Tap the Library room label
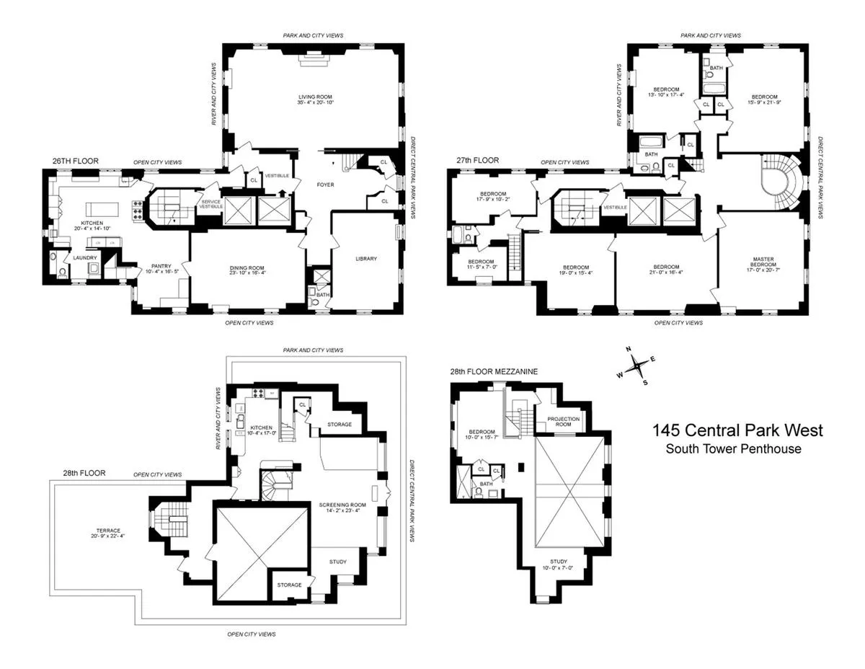pyautogui.click(x=366, y=259)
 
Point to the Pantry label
pyautogui.click(x=160, y=266)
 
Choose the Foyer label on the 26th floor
pyautogui.click(x=324, y=185)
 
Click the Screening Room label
pyautogui.click(x=342, y=505)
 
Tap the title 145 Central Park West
pyautogui.click(x=737, y=430)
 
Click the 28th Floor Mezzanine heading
pyautogui.click(x=494, y=371)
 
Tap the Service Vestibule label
pyautogui.click(x=211, y=204)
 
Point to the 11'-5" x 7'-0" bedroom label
pyautogui.click(x=481, y=264)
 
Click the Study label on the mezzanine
pyautogui.click(x=559, y=561)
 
